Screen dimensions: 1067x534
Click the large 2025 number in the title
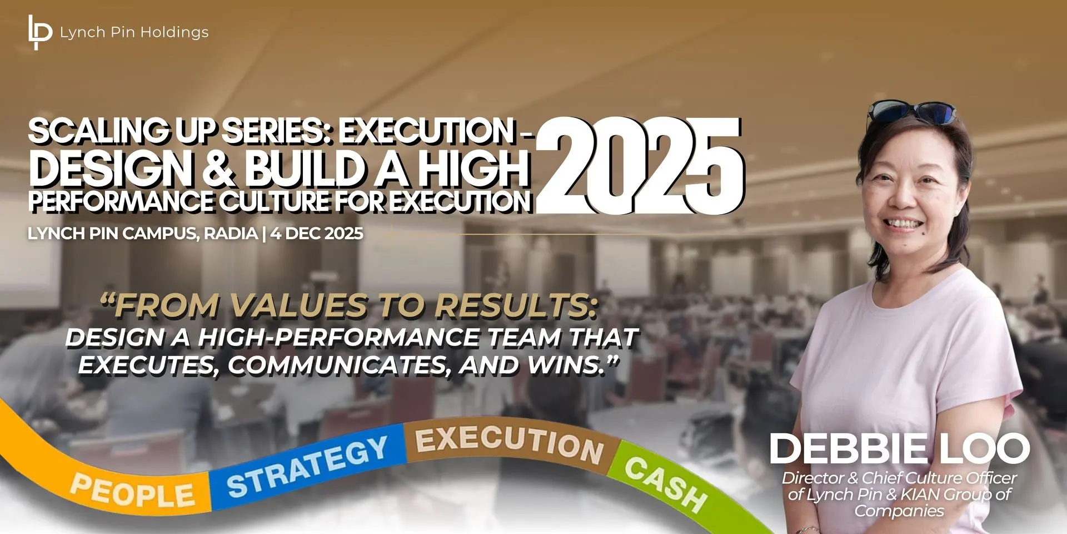coord(640,165)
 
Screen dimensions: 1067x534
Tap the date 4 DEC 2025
coord(317,233)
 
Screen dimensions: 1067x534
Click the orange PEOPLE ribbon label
coord(133,491)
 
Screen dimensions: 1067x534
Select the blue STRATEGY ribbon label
coord(307,467)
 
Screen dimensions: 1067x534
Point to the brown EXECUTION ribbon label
coord(509,446)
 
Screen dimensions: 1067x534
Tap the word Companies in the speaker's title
coord(899,511)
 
